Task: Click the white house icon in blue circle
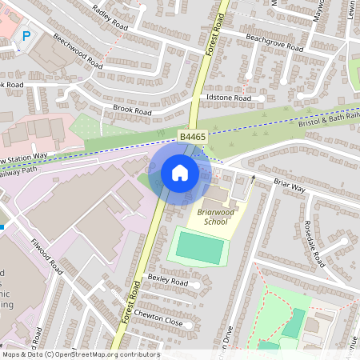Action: pos(180,172)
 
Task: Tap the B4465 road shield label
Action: pos(193,138)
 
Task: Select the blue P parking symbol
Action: pos(26,35)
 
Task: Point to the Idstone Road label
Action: pos(229,98)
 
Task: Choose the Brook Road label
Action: pos(131,110)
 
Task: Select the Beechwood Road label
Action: pos(78,50)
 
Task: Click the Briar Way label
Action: pos(290,186)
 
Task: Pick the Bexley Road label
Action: pos(166,279)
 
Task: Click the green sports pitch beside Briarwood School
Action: pos(198,247)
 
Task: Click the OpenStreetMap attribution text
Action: pos(80,354)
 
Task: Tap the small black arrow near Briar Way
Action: pos(253,178)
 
